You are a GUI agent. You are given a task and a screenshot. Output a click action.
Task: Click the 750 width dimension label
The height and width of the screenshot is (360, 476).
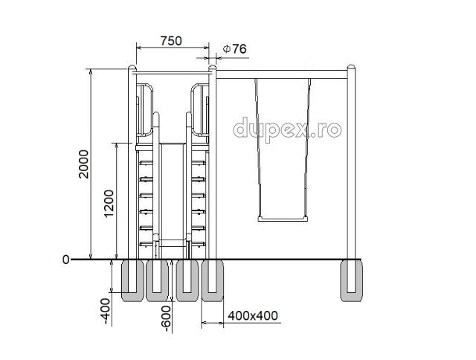click(x=171, y=41)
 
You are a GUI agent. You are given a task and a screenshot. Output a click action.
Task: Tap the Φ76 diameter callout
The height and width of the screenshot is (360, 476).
click(x=234, y=48)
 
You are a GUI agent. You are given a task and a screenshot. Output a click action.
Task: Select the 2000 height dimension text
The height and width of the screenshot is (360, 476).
click(x=83, y=164)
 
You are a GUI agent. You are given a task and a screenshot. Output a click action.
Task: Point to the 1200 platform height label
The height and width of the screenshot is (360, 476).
click(x=109, y=204)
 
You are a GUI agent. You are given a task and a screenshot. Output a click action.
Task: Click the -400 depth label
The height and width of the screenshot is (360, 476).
click(x=106, y=311)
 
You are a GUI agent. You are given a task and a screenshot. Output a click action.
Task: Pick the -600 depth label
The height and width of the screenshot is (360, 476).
click(x=166, y=318)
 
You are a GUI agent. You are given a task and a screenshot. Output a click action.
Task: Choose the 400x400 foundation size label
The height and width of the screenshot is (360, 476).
click(x=253, y=315)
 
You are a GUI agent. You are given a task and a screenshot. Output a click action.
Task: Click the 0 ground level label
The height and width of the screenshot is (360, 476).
click(x=65, y=260)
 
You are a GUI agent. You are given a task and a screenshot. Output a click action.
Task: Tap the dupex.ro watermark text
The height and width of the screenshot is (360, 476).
click(x=287, y=130)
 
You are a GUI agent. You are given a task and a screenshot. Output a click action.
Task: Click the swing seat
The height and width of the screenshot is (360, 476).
click(x=283, y=219)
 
